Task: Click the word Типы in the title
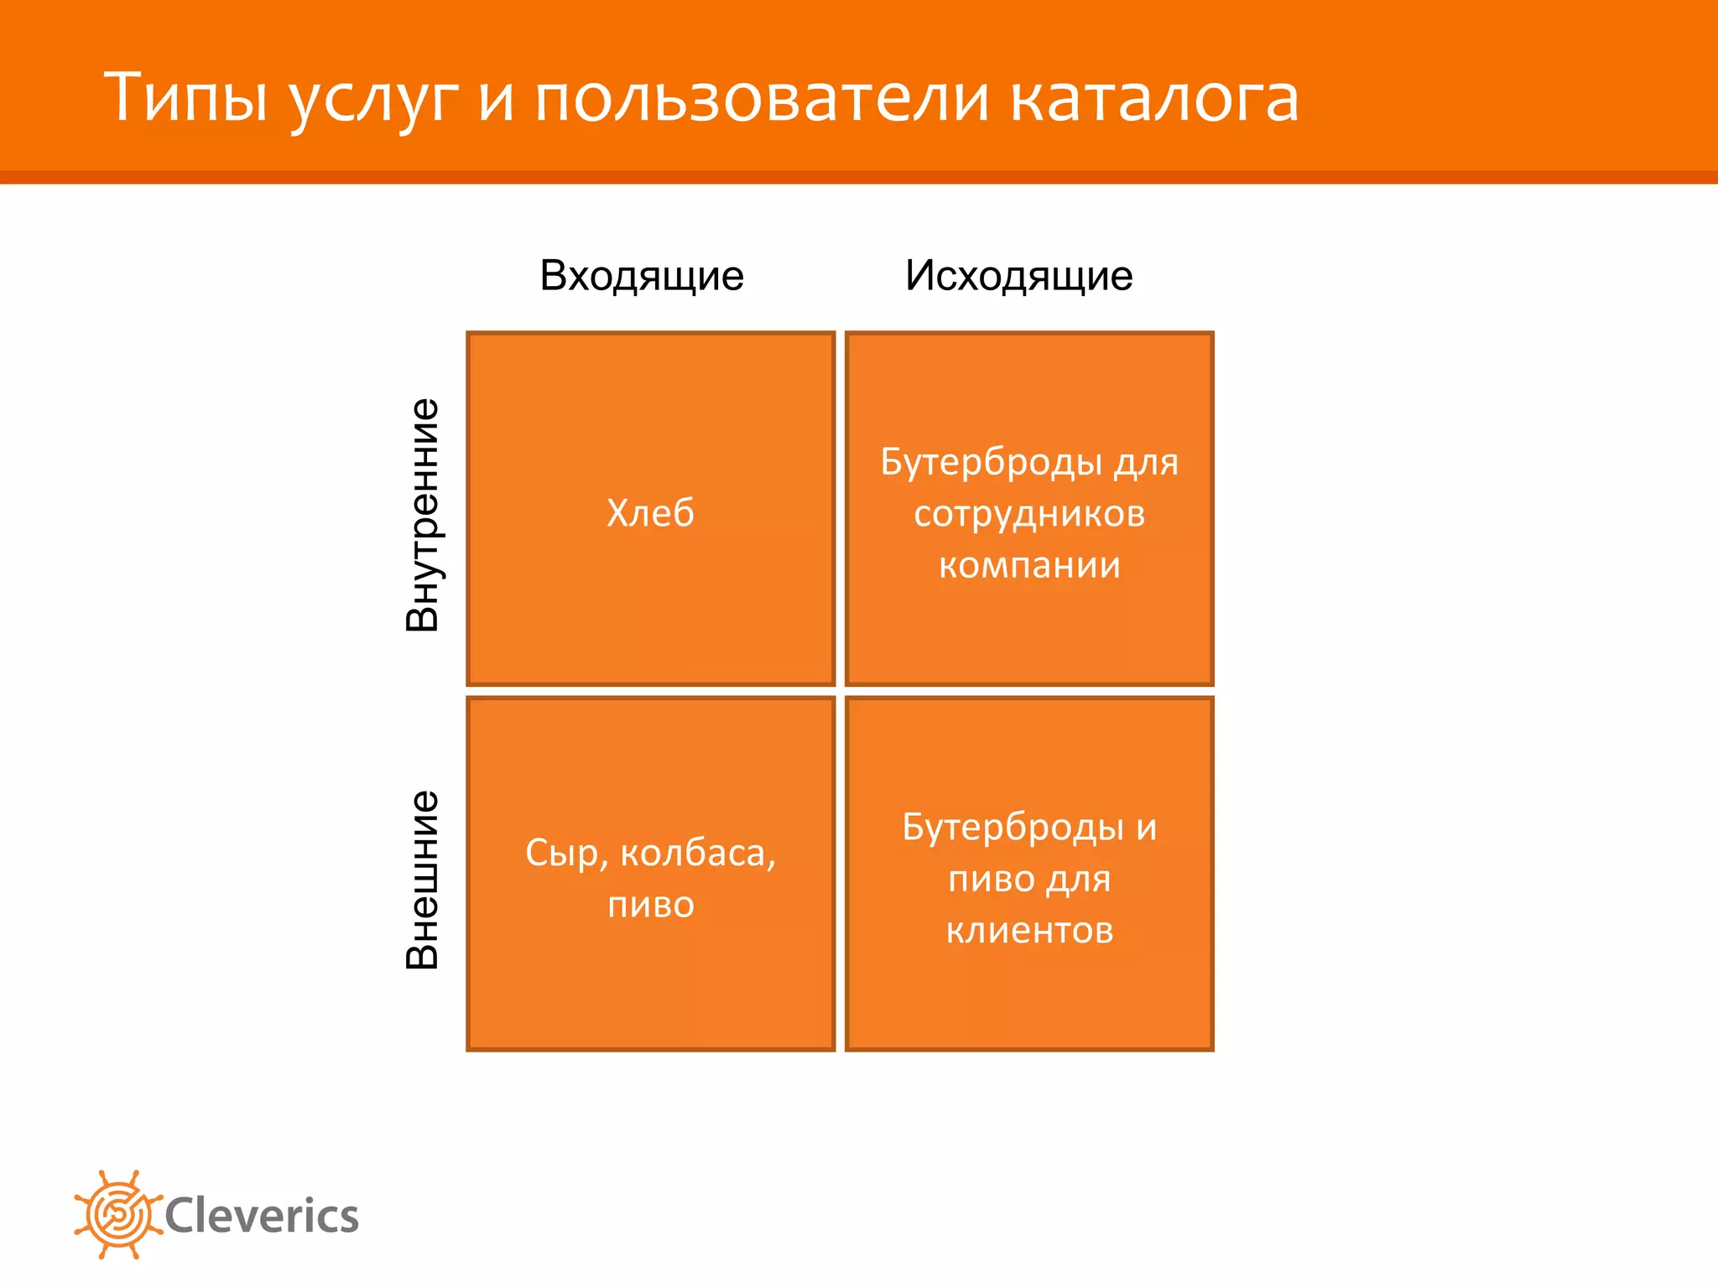click(185, 98)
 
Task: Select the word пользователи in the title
click(762, 98)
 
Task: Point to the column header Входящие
click(642, 276)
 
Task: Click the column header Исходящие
click(1018, 276)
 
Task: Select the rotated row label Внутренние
click(423, 514)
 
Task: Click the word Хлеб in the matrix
click(650, 512)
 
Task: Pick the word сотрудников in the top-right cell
click(1029, 513)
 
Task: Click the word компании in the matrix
click(1029, 565)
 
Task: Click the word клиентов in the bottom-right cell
click(1029, 930)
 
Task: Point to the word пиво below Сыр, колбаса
click(650, 906)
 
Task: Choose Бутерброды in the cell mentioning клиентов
click(1013, 828)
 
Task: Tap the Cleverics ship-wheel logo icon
click(118, 1214)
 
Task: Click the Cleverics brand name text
click(262, 1216)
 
